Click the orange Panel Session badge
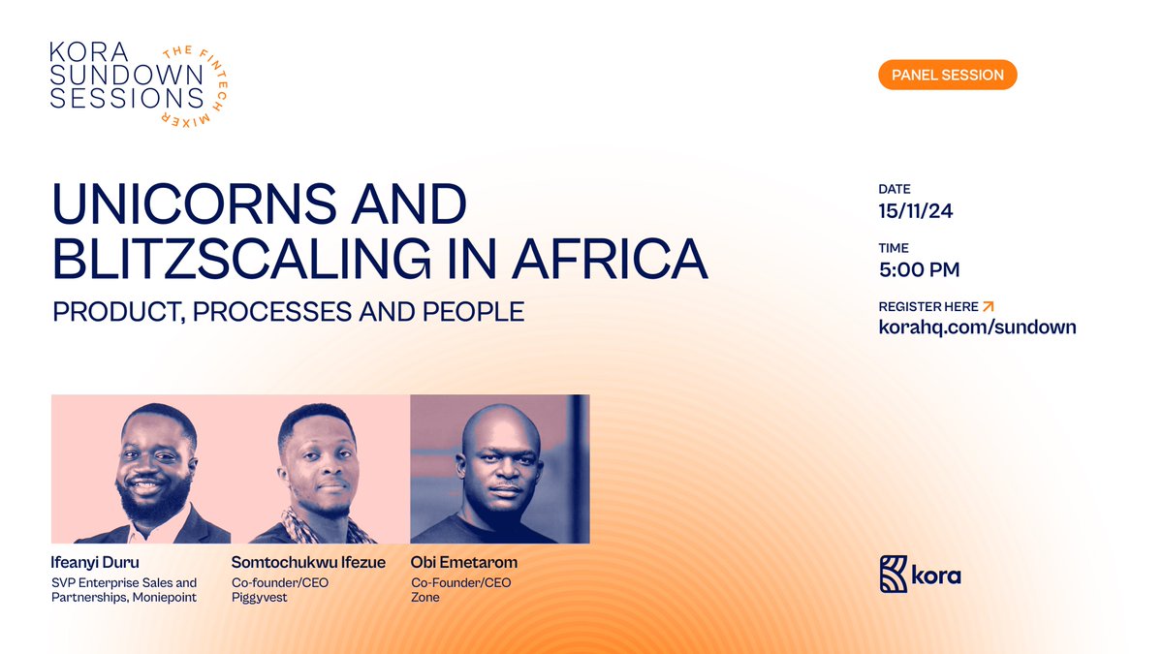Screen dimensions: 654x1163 tap(947, 75)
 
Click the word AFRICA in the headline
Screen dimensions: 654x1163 tap(610, 259)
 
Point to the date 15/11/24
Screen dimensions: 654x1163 tap(916, 211)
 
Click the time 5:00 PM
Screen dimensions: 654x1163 tap(919, 269)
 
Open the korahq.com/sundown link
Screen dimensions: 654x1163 tap(977, 327)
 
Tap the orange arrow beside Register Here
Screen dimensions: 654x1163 tap(988, 306)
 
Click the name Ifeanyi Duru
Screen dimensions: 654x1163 tap(94, 562)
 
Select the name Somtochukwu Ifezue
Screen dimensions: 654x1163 tap(308, 562)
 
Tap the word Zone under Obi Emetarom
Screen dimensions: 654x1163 tap(425, 598)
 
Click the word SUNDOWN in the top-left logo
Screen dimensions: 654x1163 tap(118, 73)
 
